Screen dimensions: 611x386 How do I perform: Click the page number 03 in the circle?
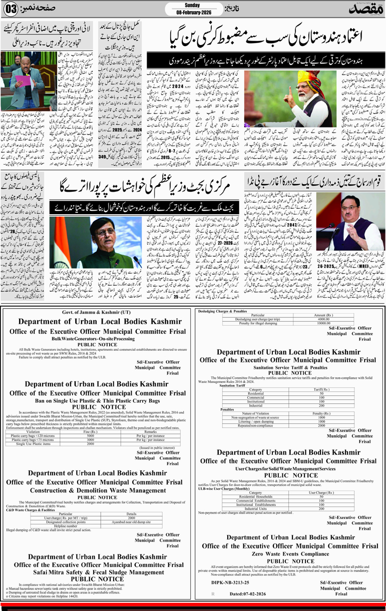coord(12,9)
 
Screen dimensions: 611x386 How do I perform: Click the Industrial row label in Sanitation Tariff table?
coord(255,405)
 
